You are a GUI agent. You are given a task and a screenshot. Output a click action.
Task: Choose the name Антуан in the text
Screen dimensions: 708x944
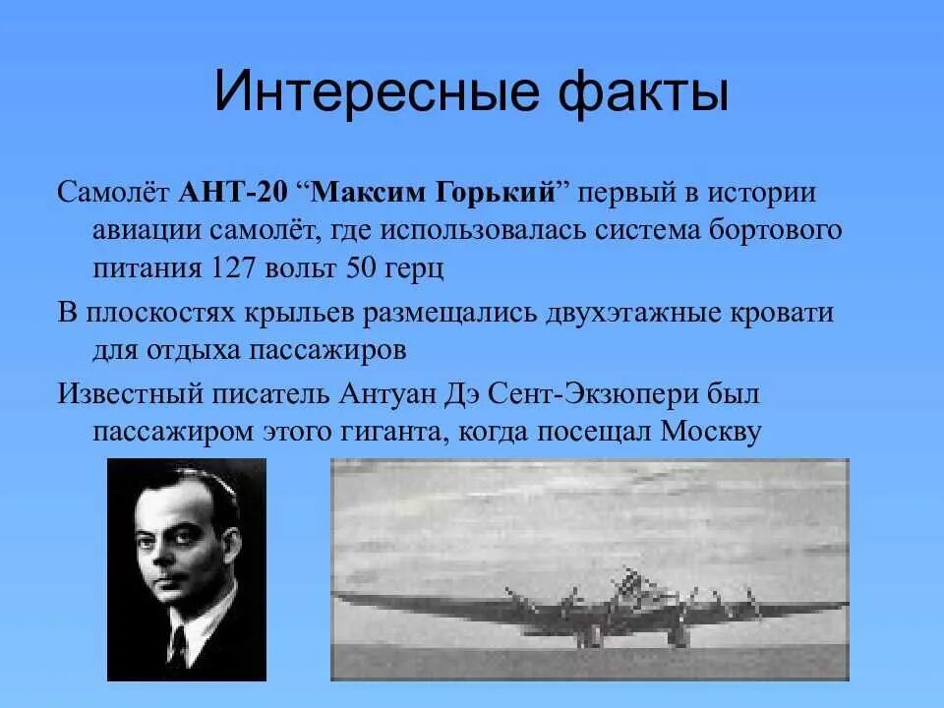(x=386, y=395)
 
